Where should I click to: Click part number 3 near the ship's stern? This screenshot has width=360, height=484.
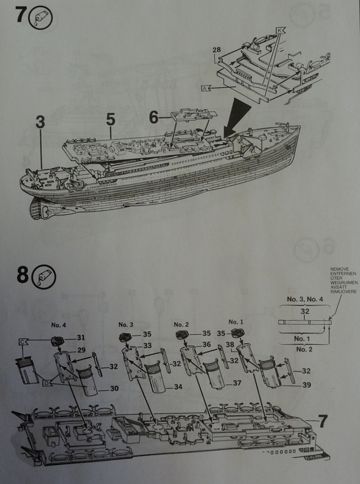(40, 123)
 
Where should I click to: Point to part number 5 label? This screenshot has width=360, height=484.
(110, 119)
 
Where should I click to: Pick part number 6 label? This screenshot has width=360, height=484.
(154, 117)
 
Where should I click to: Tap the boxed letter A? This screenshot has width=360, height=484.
(204, 89)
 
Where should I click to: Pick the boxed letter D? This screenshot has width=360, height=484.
(46, 384)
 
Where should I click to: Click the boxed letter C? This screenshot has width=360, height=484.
(23, 342)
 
